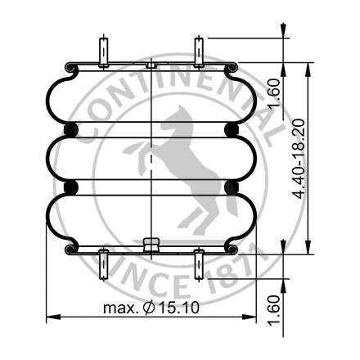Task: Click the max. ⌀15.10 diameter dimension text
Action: [153, 308]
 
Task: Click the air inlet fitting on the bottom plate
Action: [151, 243]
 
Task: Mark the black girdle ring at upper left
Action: [70, 129]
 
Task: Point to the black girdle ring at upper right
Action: [232, 129]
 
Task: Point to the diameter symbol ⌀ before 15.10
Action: [147, 308]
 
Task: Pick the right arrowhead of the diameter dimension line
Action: [252, 317]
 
